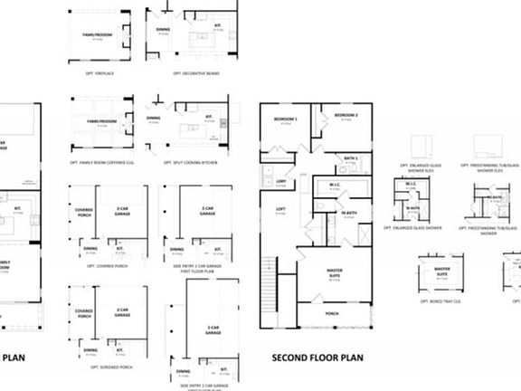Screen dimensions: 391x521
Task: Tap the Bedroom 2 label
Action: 346,116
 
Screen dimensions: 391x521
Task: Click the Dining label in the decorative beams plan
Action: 163,29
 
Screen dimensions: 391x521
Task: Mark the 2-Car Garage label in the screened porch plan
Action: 121,310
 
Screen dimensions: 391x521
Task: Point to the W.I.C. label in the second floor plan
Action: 334,186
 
